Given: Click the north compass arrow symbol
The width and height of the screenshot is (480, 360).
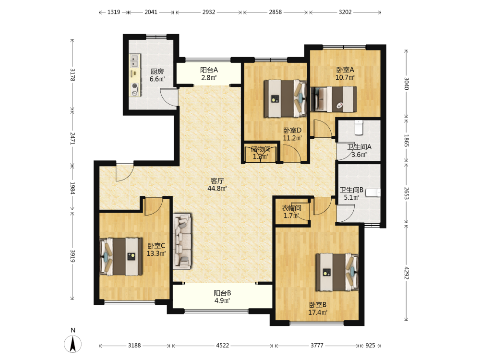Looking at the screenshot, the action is click(73, 344).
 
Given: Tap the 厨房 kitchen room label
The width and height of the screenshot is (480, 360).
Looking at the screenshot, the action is click(157, 72).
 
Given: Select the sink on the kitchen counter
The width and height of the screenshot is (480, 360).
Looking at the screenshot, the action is click(134, 60).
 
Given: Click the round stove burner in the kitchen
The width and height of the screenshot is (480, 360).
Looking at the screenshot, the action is click(134, 86).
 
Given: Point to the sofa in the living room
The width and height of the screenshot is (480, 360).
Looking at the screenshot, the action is click(182, 241).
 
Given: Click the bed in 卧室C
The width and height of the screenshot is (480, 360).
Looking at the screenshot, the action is click(121, 256).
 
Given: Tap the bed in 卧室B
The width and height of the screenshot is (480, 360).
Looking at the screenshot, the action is click(337, 272).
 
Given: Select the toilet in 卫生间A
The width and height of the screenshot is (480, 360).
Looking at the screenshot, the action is click(359, 128).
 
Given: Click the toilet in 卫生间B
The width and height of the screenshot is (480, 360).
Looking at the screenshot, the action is click(373, 192).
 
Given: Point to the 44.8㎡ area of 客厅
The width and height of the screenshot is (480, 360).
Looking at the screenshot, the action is click(217, 189).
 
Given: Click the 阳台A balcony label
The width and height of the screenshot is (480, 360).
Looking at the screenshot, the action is click(209, 70).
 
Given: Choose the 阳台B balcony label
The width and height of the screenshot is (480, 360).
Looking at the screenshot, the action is click(222, 293).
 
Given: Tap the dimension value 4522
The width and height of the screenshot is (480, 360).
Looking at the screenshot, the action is click(223, 346).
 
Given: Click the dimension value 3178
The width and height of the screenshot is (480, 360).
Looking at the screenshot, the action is click(72, 75).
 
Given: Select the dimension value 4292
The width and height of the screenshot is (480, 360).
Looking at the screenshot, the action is click(407, 273).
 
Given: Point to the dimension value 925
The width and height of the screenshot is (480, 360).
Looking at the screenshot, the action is click(370, 346).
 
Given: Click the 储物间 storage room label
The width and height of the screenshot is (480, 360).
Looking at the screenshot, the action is click(261, 149).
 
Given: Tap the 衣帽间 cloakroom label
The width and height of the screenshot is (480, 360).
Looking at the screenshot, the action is click(291, 208).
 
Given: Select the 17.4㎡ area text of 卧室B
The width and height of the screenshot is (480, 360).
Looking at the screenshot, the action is click(318, 312).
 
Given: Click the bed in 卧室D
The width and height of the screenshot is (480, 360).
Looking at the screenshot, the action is click(285, 98).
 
